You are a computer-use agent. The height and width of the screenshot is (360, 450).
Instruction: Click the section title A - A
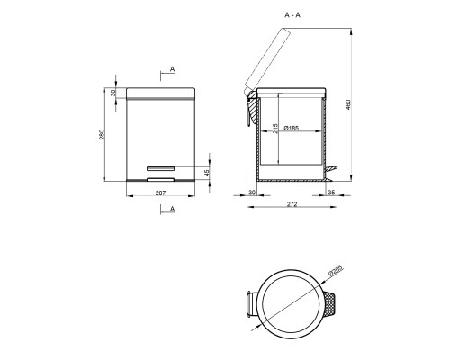292,15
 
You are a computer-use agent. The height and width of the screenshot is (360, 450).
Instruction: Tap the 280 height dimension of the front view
106,136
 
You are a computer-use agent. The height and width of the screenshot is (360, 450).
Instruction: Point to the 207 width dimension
160,193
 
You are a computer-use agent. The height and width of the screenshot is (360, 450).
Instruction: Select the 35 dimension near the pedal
331,193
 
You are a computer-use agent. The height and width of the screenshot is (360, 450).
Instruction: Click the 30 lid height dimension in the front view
115,93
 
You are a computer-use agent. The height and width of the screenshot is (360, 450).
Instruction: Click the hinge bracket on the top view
252,304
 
